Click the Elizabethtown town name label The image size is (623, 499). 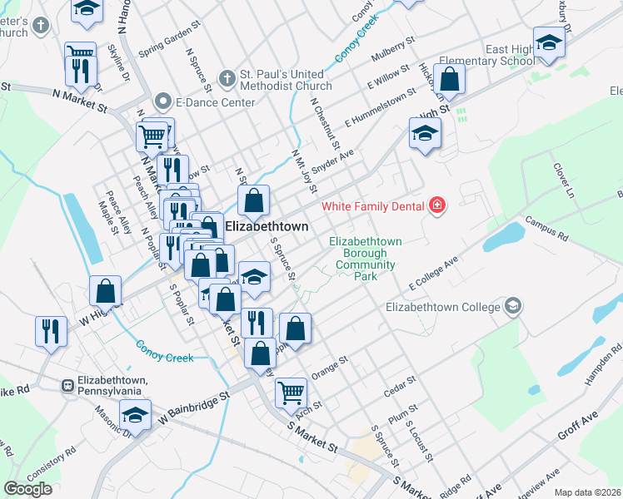click(267, 226)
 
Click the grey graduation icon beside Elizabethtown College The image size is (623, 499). click(513, 307)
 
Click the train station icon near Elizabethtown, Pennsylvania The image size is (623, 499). click(66, 385)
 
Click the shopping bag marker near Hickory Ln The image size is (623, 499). click(449, 81)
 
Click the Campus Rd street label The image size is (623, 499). click(546, 229)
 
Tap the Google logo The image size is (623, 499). click(27, 489)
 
